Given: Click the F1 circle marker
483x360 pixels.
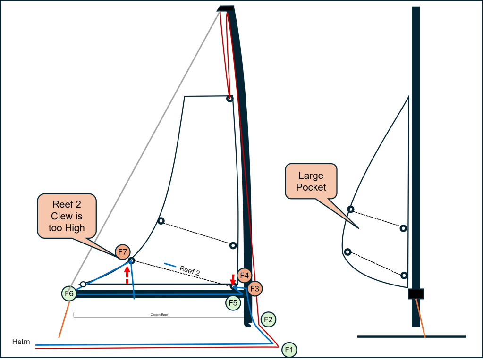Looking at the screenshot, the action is click(x=289, y=350).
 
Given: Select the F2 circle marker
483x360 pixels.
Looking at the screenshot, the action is click(x=268, y=319).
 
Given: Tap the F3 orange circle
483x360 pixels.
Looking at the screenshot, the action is click(x=255, y=289).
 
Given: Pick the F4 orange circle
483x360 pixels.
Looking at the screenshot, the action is click(x=244, y=276).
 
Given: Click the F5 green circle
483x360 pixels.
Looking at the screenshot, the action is click(x=233, y=303).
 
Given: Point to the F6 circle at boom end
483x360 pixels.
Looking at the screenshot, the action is click(x=69, y=293).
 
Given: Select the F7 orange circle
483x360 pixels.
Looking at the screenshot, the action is click(x=123, y=252).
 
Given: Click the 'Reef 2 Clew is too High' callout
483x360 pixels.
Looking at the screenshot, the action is click(x=67, y=216).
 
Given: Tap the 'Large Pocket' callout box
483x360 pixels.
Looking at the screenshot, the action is click(x=311, y=181).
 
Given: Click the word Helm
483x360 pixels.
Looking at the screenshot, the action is click(x=21, y=342).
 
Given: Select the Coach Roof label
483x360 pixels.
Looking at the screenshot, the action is click(x=159, y=315).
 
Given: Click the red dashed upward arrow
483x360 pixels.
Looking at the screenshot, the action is click(x=127, y=275).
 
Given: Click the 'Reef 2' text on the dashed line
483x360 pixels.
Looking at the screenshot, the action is click(x=190, y=270).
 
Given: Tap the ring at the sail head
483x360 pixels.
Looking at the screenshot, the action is click(x=229, y=99).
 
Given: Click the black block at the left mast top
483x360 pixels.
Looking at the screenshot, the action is click(x=226, y=8).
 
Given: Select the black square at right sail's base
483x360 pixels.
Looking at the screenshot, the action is click(x=416, y=294).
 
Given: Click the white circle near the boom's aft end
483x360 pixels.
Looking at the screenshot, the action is click(x=83, y=284).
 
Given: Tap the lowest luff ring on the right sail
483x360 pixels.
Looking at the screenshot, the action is click(x=404, y=276).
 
